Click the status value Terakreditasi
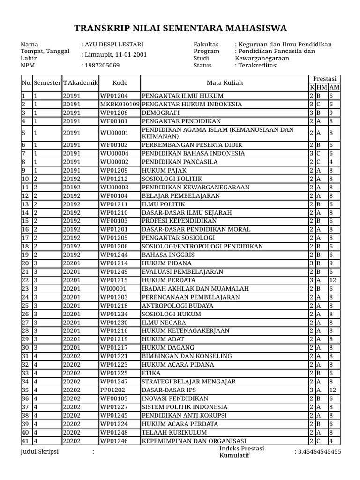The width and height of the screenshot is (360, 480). [258, 66]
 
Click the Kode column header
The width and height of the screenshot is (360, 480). [120, 82]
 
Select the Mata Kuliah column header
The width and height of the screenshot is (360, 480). [225, 82]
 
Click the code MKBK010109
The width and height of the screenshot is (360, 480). [120, 104]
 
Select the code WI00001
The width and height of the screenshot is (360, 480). [113, 289]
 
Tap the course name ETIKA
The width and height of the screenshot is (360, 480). [151, 373]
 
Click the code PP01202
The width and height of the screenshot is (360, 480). [112, 390]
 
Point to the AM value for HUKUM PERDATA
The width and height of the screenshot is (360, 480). [333, 280]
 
